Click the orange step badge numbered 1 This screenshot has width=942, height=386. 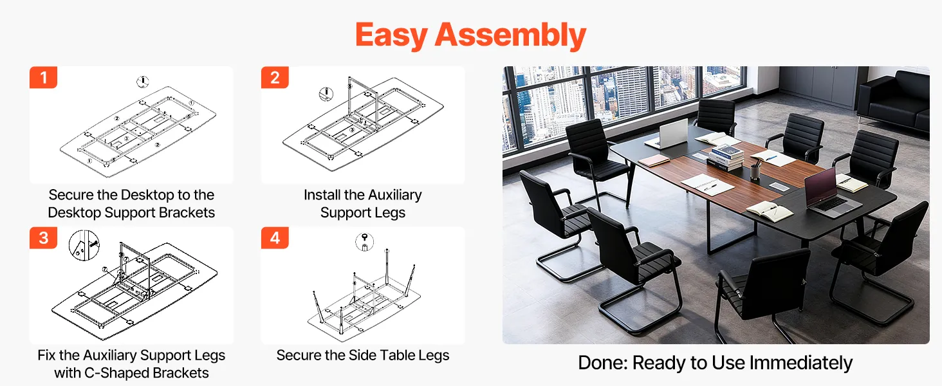[x=43, y=77]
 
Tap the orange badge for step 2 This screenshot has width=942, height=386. [x=275, y=77]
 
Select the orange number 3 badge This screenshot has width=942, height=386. [x=43, y=238]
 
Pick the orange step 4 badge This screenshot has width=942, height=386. [x=275, y=238]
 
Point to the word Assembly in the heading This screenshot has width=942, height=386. [x=510, y=35]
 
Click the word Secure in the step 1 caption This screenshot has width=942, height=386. [x=71, y=195]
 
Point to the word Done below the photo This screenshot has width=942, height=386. [x=603, y=363]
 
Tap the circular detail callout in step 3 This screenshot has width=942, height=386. [x=84, y=246]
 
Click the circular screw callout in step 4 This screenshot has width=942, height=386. [x=364, y=242]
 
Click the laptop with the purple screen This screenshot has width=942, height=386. [x=831, y=194]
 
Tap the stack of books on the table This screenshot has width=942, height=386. [x=725, y=158]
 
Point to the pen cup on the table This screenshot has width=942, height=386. [x=755, y=172]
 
